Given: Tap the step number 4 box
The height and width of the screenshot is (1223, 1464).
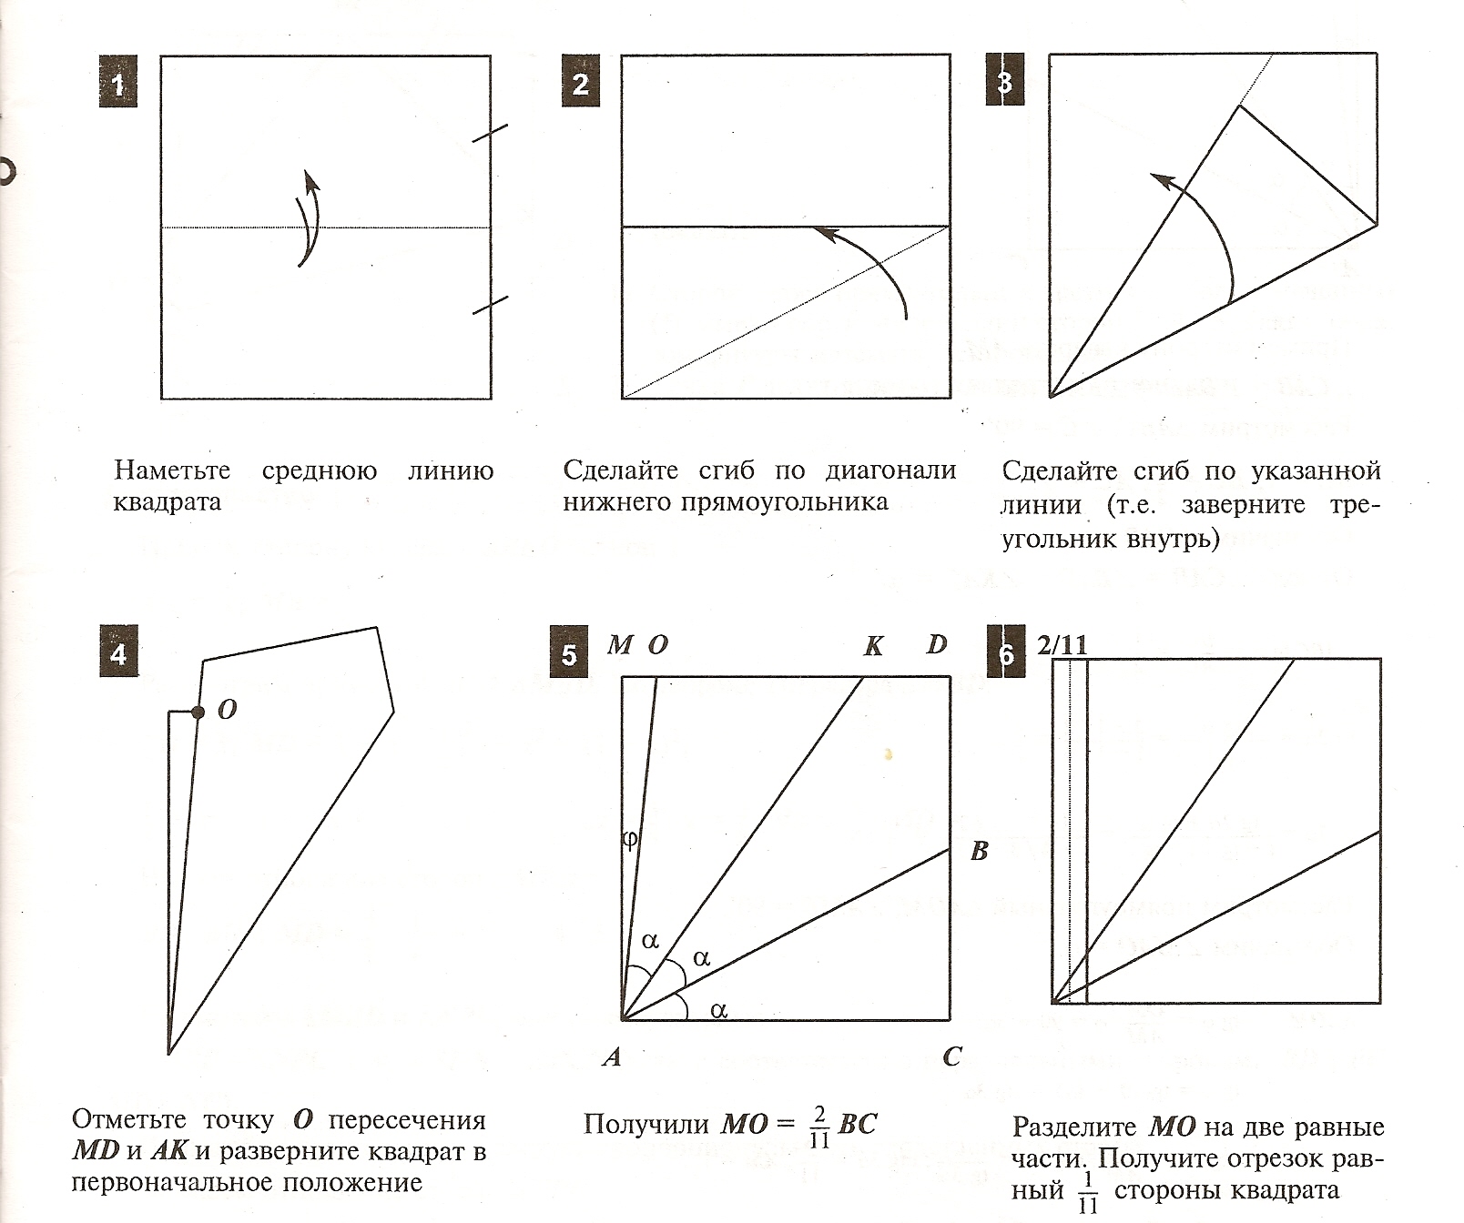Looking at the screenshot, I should click(x=117, y=653).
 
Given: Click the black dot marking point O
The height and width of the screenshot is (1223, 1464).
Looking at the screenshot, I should click(x=198, y=713).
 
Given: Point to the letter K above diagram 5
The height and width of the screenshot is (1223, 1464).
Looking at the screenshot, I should click(x=873, y=646).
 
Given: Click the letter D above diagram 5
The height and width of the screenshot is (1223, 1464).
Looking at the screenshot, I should click(x=937, y=645).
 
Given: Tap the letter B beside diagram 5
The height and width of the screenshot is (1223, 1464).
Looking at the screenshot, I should click(x=980, y=852).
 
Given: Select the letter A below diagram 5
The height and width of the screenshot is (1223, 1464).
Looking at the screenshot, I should click(x=612, y=1057).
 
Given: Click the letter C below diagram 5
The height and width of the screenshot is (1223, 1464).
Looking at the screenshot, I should click(x=952, y=1057).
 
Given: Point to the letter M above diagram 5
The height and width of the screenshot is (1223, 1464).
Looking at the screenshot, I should click(x=619, y=645).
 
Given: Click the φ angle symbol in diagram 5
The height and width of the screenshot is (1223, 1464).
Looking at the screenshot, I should click(x=629, y=839).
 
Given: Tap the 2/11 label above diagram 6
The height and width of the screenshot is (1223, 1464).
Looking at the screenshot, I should click(x=1062, y=645).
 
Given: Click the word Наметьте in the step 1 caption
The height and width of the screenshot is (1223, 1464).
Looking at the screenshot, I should click(x=172, y=471).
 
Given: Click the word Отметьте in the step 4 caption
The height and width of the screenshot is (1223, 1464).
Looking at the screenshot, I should click(x=128, y=1119).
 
